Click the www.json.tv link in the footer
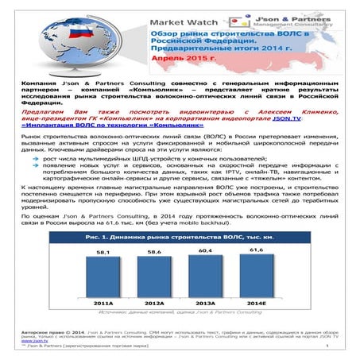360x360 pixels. click(x=32, y=339)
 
